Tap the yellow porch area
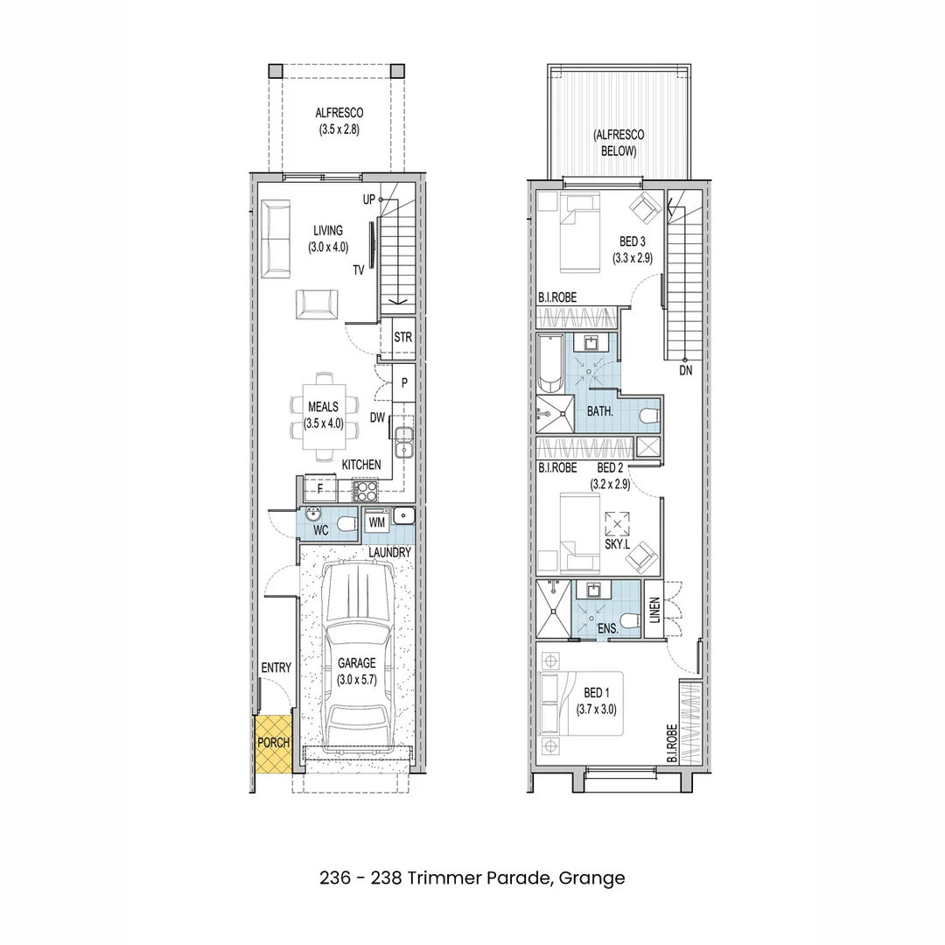[272, 744]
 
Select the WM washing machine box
[377, 522]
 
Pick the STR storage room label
[402, 337]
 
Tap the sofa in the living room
[277, 236]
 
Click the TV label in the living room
[359, 270]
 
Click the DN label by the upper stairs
[686, 371]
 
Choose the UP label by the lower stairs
[369, 199]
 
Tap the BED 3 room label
[632, 241]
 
